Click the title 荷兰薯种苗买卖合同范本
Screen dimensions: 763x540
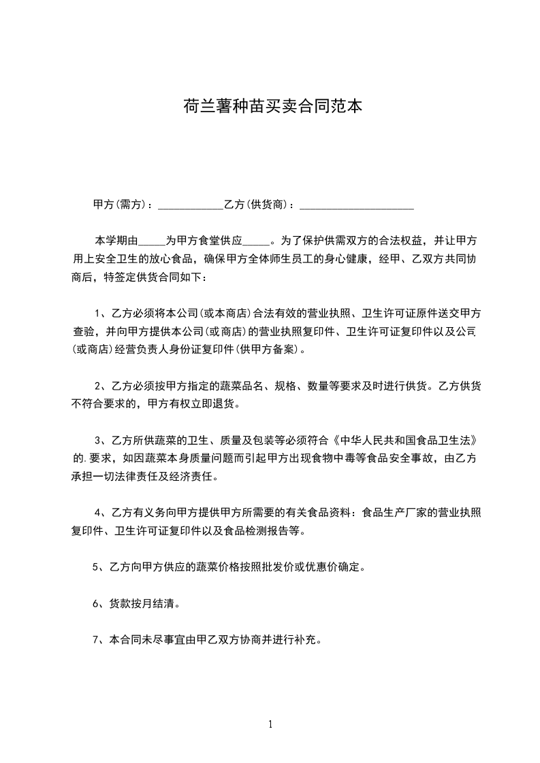pyautogui.click(x=270, y=107)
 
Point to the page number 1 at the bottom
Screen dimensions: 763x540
pyautogui.click(x=270, y=724)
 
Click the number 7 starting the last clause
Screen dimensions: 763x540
pyautogui.click(x=95, y=639)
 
